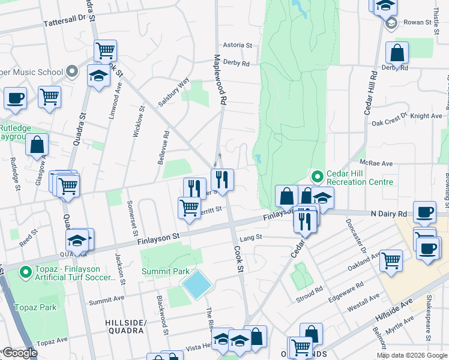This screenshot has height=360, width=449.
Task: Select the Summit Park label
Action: click(165, 271)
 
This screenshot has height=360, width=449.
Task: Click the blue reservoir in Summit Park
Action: click(196, 284)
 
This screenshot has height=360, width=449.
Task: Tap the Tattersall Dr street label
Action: click(65, 22)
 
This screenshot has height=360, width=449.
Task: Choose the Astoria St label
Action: click(237, 45)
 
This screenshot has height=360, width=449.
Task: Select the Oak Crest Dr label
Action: click(390, 123)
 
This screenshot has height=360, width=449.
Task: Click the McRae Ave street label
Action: click(376, 163)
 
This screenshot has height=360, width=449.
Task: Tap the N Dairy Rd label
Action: click(388, 214)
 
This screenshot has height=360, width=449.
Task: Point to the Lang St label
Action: click(251, 238)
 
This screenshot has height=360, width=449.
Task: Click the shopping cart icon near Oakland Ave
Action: click(391, 260)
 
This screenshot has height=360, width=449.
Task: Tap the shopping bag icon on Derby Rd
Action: click(397, 53)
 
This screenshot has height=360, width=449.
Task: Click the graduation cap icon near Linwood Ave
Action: click(98, 76)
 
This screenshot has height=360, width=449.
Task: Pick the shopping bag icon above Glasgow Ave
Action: click(37, 145)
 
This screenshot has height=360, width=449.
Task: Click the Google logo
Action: click(19, 353)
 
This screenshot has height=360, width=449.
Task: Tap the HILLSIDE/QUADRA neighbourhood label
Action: click(125, 326)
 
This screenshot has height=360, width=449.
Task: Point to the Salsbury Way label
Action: click(174, 92)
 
